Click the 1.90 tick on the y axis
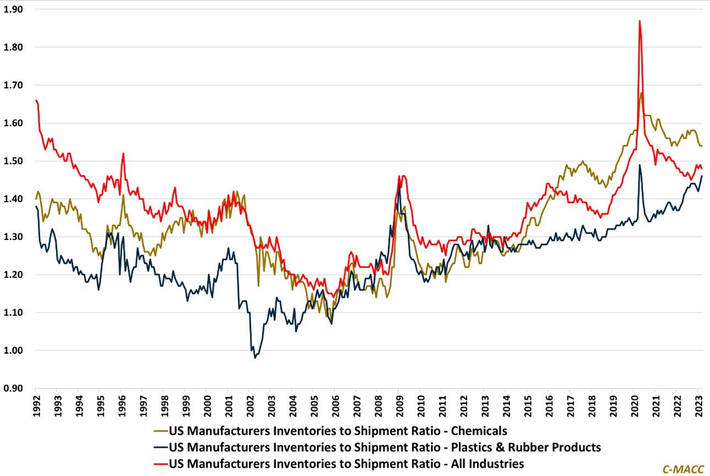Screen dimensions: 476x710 (14, 9)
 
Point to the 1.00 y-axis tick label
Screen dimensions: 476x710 (14, 351)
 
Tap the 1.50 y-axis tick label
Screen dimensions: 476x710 (14, 161)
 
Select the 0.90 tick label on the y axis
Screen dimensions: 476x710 (14, 389)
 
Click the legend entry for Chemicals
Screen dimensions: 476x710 (338, 431)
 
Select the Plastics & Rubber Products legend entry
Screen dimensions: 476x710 (385, 447)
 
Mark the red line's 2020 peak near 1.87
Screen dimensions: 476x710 (639, 21)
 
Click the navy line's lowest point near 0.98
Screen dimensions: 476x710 (255, 358)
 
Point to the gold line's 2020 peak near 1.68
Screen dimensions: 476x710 (641, 93)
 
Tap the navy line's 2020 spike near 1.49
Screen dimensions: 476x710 (639, 165)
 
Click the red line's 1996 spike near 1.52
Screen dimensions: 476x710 (123, 153)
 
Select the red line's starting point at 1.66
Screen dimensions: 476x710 (35, 100)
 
